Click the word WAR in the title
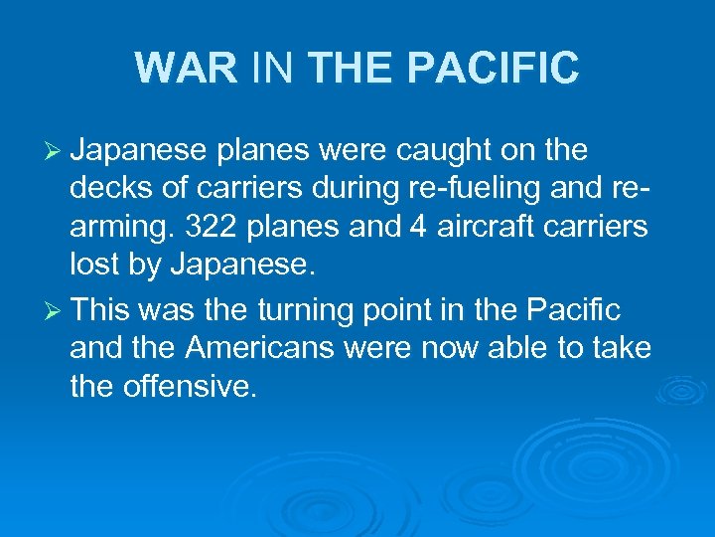pos(186,68)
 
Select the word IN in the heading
pos(272,68)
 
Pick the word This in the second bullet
pos(103,310)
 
